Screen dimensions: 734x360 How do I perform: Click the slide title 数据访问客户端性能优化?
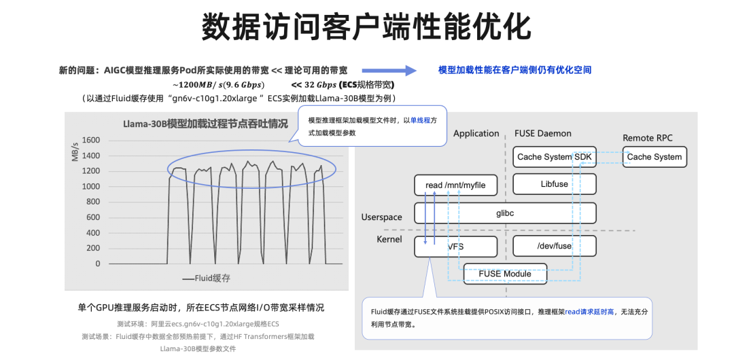(366, 27)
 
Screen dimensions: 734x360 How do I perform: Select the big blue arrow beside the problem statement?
(389, 70)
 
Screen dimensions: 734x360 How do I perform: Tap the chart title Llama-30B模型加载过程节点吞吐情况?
(205, 124)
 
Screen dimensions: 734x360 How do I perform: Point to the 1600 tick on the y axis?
(91, 141)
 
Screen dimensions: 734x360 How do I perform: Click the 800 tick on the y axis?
(93, 202)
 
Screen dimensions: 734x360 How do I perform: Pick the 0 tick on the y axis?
(98, 264)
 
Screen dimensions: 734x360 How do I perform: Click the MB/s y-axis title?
(75, 151)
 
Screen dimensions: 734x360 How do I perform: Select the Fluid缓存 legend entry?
(207, 278)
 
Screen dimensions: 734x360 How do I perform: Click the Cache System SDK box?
(555, 158)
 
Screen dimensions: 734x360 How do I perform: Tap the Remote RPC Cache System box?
(654, 157)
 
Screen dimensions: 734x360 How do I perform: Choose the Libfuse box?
(555, 184)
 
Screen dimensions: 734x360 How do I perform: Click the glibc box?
(505, 213)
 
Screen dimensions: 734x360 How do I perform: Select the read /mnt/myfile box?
(455, 185)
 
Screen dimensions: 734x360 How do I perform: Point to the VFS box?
(455, 247)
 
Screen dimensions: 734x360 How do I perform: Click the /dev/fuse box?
(555, 246)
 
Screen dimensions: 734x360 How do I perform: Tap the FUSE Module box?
(505, 274)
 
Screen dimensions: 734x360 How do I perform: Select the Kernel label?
(389, 239)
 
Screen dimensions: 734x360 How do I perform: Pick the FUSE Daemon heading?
(543, 133)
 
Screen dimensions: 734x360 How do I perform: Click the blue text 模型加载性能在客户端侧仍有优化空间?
(515, 70)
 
